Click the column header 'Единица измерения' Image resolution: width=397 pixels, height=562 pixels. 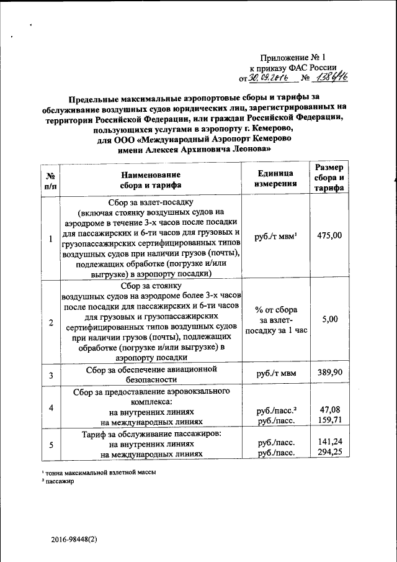coord(274,179)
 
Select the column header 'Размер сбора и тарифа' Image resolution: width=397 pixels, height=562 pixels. coord(330,179)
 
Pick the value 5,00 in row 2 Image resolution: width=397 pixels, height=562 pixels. coord(330,319)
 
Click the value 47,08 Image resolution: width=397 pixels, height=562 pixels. coord(330,410)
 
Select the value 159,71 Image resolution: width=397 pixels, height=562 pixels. coord(330,420)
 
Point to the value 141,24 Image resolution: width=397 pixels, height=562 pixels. coord(330,442)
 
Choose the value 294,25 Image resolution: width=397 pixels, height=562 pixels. coord(330,453)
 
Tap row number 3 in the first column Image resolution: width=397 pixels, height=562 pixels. coord(51,374)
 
